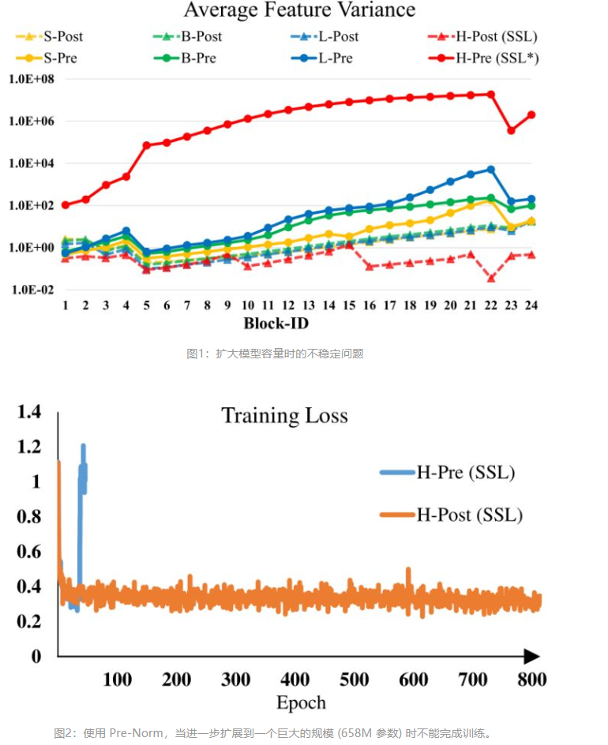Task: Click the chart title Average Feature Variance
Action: pyautogui.click(x=299, y=10)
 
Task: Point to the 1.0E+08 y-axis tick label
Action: pyautogui.click(x=31, y=79)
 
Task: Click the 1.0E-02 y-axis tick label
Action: pyautogui.click(x=31, y=290)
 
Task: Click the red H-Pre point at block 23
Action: pyautogui.click(x=511, y=130)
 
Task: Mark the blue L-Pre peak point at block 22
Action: pyautogui.click(x=491, y=169)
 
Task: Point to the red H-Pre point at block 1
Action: pyautogui.click(x=66, y=205)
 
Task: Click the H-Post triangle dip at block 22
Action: pyautogui.click(x=491, y=278)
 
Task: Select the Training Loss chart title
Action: pyautogui.click(x=284, y=415)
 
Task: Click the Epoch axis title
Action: pyautogui.click(x=301, y=702)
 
